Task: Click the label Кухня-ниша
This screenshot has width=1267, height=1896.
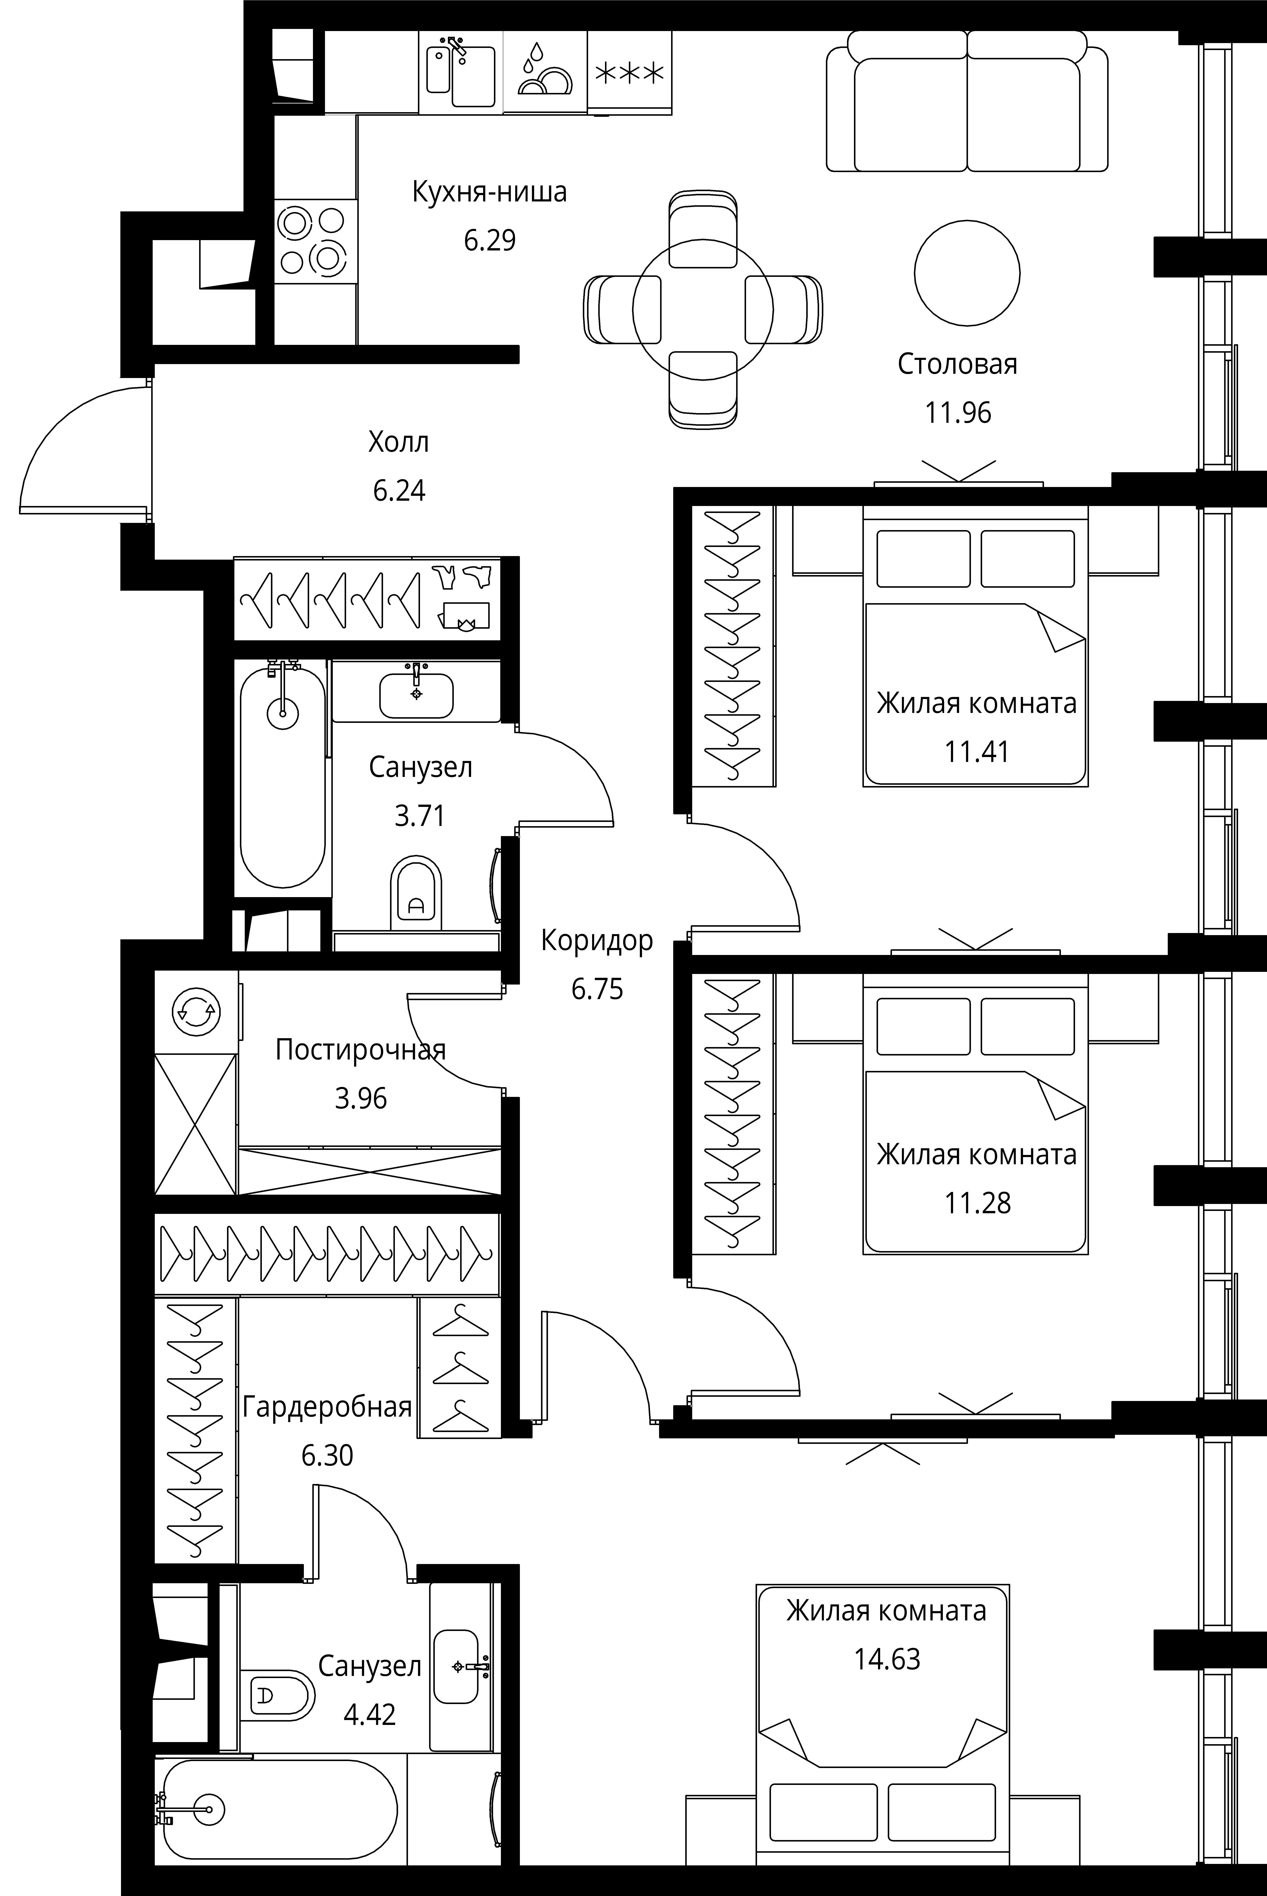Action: click(x=490, y=192)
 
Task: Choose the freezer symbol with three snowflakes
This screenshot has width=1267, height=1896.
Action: click(x=629, y=73)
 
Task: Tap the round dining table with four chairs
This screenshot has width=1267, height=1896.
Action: click(x=703, y=309)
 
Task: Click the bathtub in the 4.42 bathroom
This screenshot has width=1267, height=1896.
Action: click(x=279, y=1808)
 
